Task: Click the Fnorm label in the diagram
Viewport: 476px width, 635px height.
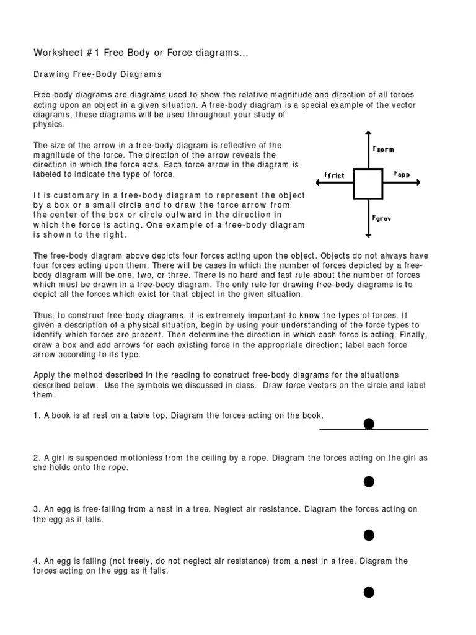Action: (x=383, y=149)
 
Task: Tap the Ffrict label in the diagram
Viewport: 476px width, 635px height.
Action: (x=334, y=175)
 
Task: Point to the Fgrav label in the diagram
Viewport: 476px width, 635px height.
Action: (x=382, y=218)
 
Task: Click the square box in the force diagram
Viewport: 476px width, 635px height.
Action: (x=369, y=184)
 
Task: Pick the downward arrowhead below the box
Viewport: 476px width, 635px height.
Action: (x=369, y=234)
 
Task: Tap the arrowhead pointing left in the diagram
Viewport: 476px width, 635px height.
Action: (x=317, y=183)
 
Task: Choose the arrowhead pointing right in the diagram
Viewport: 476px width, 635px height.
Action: (x=419, y=183)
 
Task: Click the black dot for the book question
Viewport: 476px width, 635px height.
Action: (x=369, y=424)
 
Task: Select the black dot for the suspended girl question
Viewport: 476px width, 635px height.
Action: (x=369, y=481)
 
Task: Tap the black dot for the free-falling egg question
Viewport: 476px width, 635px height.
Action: (x=369, y=535)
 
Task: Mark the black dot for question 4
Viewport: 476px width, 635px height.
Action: (x=369, y=592)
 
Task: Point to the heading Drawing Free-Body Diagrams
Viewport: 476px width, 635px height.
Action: (x=97, y=74)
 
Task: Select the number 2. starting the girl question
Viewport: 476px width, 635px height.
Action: (x=37, y=458)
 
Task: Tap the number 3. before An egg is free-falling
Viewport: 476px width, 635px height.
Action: (x=37, y=509)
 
